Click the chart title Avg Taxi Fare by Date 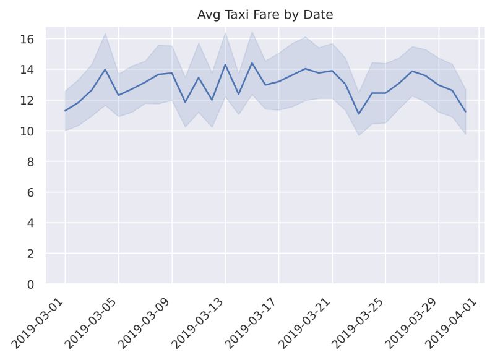click(265, 15)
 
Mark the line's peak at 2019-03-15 click(252, 63)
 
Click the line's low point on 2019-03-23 click(358, 114)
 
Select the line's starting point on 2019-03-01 click(65, 111)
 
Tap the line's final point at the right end click(465, 111)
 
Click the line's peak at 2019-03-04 click(105, 69)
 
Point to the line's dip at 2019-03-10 click(185, 102)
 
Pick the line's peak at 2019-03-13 click(225, 64)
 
